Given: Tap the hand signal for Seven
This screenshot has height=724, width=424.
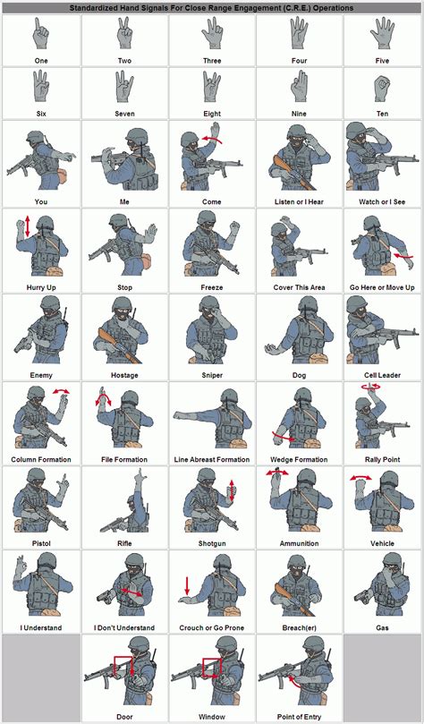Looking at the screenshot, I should point(124,88).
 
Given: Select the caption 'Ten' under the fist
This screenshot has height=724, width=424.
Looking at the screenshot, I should point(383,114).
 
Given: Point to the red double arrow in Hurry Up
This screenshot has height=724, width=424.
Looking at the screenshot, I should point(28,226).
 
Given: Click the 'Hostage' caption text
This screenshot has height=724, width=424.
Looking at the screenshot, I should point(124,375).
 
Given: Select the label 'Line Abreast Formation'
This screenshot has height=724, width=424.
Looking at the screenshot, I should point(212,460).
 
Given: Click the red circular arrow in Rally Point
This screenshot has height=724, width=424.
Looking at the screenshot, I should point(371,388).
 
